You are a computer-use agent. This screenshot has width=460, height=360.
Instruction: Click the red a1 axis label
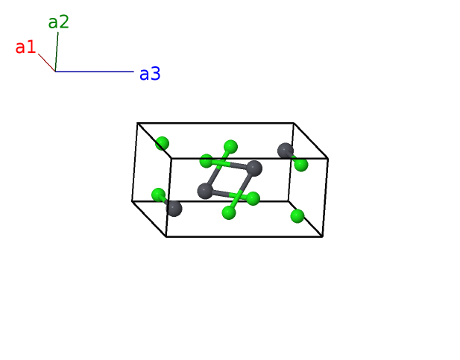[x=25, y=48]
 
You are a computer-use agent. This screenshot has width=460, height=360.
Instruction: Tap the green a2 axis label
[x=58, y=22]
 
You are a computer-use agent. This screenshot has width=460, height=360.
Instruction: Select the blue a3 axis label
[x=149, y=74]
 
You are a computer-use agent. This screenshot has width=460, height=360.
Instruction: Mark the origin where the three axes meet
[x=55, y=72]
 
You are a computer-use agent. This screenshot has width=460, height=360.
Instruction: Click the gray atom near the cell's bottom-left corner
[x=174, y=208]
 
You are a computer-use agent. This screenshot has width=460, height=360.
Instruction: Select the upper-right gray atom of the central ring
[x=253, y=168]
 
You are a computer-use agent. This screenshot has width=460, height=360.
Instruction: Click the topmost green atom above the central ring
[x=230, y=146]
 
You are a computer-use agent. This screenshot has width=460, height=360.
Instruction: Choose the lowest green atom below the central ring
[x=229, y=213]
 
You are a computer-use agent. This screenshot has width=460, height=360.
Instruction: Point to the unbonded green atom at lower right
[x=297, y=216]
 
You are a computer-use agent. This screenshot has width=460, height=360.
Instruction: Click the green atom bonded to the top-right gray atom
[x=301, y=165]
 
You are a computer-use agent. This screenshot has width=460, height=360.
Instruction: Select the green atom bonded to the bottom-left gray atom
[x=158, y=195]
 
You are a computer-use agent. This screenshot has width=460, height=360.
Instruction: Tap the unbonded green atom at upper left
[x=162, y=143]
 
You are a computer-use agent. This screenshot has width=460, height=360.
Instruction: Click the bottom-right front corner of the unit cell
[x=322, y=236]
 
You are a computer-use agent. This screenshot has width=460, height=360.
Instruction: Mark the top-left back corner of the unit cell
[x=138, y=123]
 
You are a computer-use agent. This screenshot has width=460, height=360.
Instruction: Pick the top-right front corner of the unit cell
[x=328, y=158]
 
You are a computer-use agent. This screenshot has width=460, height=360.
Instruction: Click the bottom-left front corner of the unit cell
[x=166, y=236]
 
